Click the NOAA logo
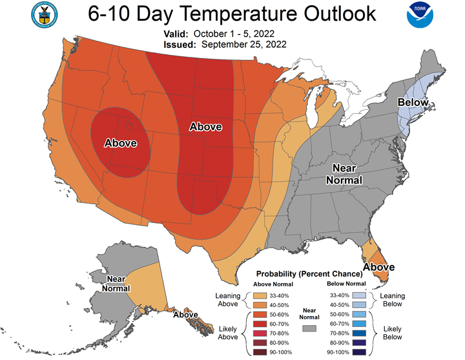420,15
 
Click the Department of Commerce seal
45,15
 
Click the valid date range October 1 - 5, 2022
234,34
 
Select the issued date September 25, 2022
244,45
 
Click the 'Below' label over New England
413,102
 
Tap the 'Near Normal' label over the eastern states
344,175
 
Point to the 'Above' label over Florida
379,267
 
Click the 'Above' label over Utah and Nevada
121,143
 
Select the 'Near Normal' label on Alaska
116,284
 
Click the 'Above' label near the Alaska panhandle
185,315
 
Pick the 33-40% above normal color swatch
260,295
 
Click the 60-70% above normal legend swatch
260,324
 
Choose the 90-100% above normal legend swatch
260,352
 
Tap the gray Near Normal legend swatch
309,328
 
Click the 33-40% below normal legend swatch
359,295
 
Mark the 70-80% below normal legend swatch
359,334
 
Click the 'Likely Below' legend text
393,333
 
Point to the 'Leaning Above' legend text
228,300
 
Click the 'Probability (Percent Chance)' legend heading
309,273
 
